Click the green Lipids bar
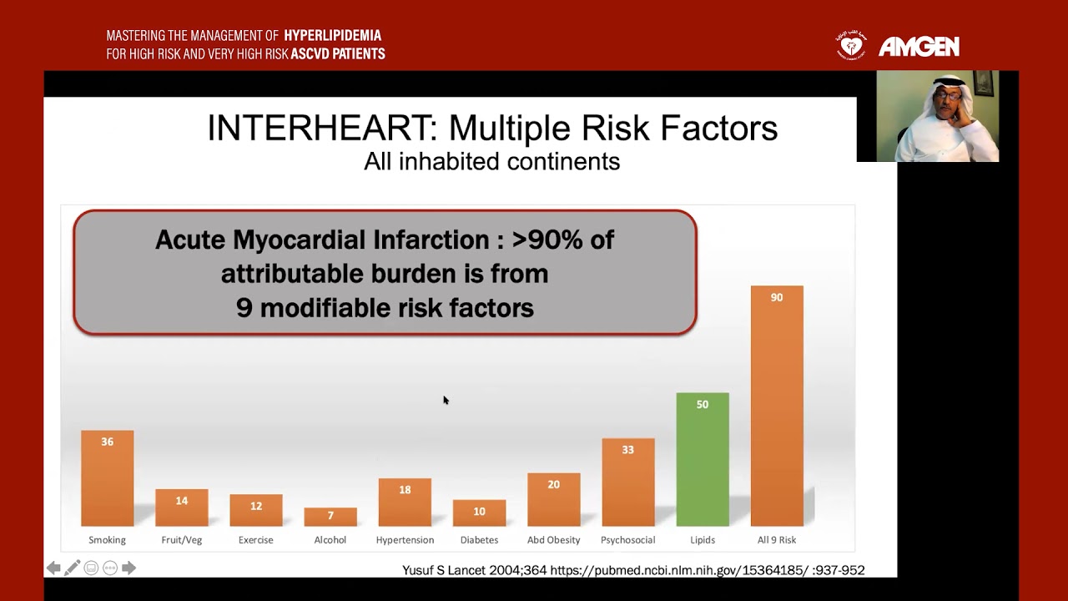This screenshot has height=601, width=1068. pos(703,459)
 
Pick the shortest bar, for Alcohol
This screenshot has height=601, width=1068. pos(330,517)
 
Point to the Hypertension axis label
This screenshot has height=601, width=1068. pos(405,540)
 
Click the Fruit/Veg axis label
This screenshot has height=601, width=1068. pos(182,540)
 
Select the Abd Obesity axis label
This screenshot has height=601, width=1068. pos(553,540)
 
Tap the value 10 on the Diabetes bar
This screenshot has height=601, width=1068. pos(479,512)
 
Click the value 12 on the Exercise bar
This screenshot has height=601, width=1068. pos(256,506)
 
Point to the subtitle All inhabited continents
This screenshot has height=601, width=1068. pos(491,162)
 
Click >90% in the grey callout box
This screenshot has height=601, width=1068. pos(547,240)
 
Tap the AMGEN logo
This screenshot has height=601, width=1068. pos(919,47)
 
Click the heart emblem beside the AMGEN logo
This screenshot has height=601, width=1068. pos(851,46)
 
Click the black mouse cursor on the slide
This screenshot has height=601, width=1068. pos(446,401)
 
